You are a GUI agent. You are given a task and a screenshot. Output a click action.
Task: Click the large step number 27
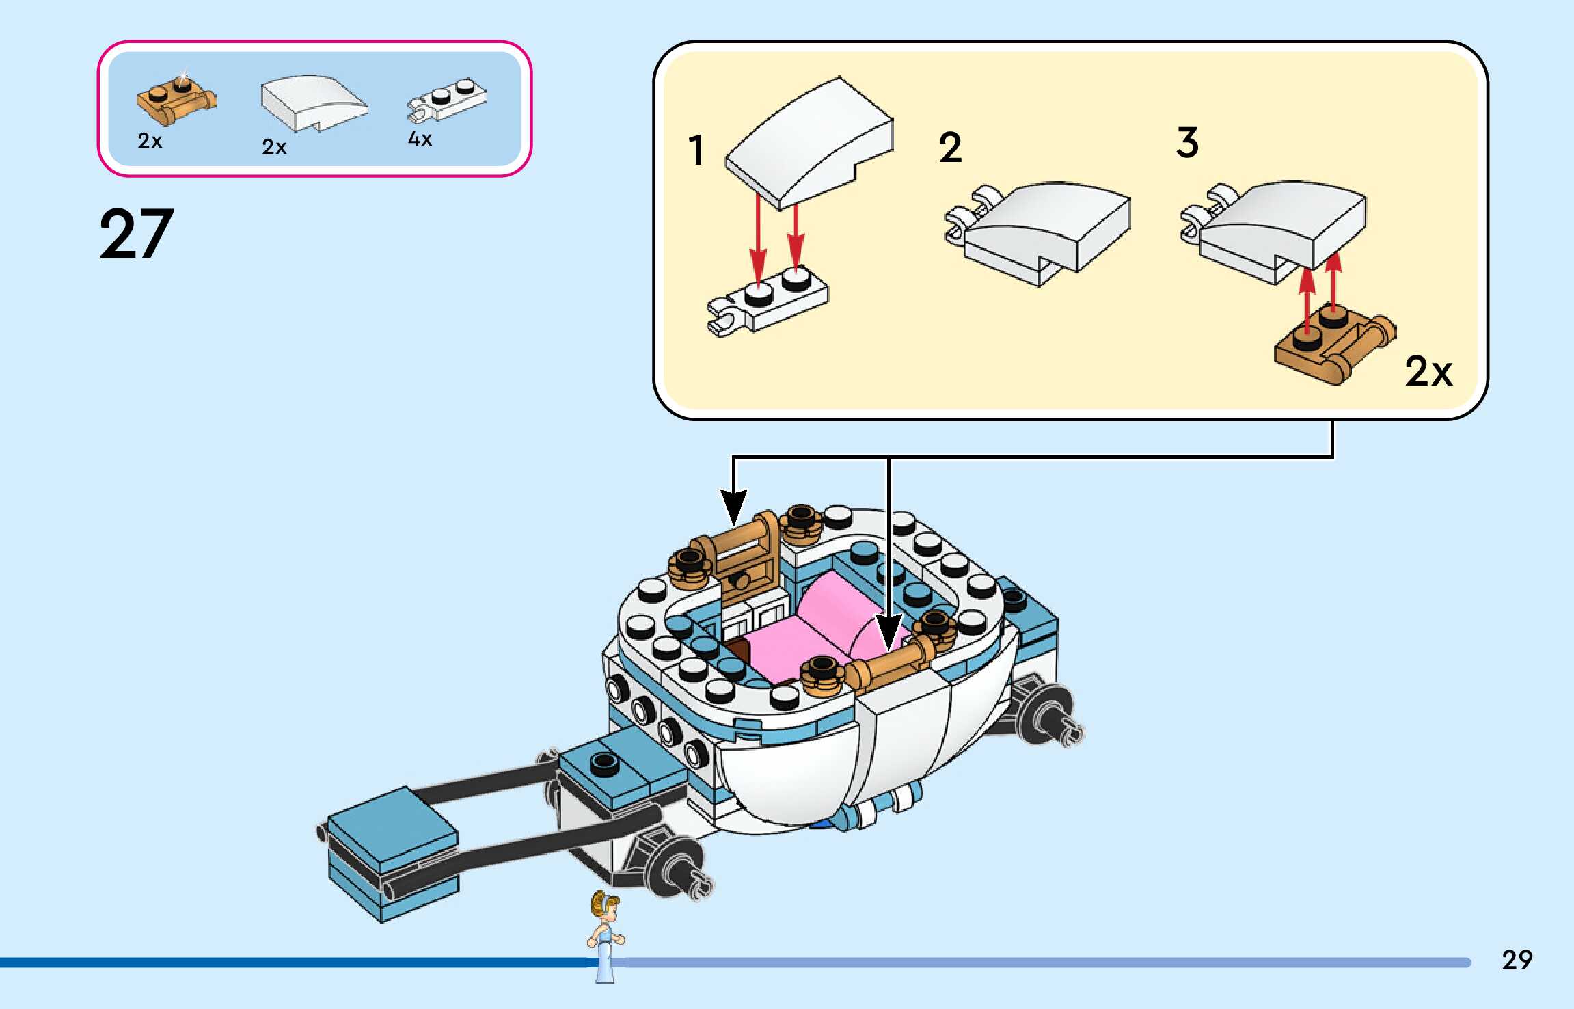pyautogui.click(x=137, y=234)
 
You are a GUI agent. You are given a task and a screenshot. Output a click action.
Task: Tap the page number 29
pyautogui.click(x=1517, y=960)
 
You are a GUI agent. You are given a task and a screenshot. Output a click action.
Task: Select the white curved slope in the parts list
pyautogui.click(x=313, y=103)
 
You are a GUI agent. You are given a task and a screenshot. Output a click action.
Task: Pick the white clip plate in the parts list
pyautogui.click(x=448, y=100)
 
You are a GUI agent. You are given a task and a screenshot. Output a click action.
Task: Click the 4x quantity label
pyautogui.click(x=420, y=139)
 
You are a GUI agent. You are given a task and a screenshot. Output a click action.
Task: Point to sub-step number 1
pyautogui.click(x=696, y=150)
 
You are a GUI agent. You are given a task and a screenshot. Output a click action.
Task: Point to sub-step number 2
pyautogui.click(x=950, y=148)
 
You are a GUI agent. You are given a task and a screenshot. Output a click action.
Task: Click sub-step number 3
pyautogui.click(x=1187, y=143)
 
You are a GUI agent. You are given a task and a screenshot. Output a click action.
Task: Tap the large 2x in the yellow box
pyautogui.click(x=1428, y=372)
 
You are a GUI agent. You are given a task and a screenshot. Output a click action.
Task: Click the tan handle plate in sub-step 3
pyautogui.click(x=1333, y=345)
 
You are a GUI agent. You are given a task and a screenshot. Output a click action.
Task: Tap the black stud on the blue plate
pyautogui.click(x=603, y=762)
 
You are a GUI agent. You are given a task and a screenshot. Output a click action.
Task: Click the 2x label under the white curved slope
pyautogui.click(x=274, y=146)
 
